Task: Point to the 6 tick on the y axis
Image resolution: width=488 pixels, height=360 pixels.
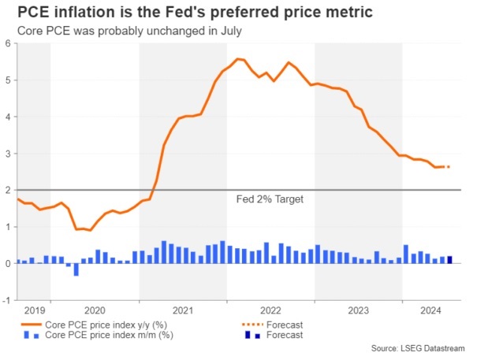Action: pos(9,43)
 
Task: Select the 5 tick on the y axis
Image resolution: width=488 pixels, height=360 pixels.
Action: pos(9,80)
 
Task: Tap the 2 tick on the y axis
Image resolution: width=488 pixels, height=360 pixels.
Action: pos(9,190)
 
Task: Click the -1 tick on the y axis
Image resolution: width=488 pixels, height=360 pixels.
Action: pos(7,300)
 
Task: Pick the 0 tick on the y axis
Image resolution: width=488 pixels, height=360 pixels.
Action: pos(9,263)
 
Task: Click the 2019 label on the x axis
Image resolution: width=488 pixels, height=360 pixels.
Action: pos(33,310)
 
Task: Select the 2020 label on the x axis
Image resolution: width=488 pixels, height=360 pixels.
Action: pos(95,310)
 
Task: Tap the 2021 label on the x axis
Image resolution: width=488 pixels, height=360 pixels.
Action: pos(183,310)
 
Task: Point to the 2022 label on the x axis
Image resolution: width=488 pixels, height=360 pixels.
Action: pos(270,310)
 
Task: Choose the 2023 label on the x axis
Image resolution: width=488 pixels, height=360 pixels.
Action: pos(358,310)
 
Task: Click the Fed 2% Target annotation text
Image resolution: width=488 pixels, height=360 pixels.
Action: pos(270,199)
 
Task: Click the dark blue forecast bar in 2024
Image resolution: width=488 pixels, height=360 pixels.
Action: pos(449,260)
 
